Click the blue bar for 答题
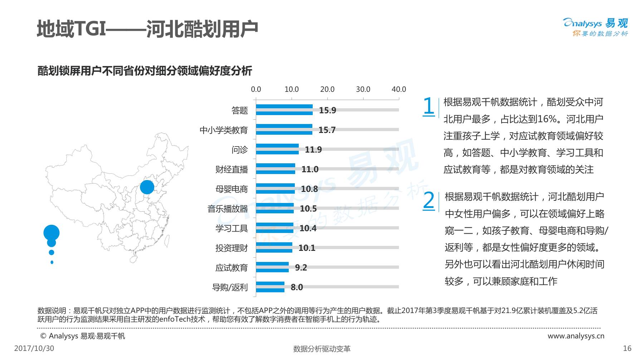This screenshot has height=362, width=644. pos(284,110)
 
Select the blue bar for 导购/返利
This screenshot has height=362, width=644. pos(270,287)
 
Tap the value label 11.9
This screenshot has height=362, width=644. pos(313,149)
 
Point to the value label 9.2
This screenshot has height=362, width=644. pos(301,267)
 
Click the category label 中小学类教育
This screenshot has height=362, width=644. pos(224,130)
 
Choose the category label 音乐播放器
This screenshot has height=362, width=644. pos(228,209)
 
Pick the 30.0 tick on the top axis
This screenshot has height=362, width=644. pos(363,89)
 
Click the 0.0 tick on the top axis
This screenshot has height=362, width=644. pos(256,89)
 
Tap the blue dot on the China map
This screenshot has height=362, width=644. pos(147,187)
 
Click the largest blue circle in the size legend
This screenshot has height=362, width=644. pos(52,233)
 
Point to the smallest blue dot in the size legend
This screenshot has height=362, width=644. pos(52,262)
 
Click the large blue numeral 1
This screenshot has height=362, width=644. pos(429,106)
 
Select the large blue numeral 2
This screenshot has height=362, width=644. pos(429,200)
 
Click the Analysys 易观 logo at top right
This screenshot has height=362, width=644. pos(596,27)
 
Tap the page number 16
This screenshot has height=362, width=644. pos(627,348)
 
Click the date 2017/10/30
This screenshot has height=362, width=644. pos(34,348)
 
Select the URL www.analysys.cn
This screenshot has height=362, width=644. pos(576,336)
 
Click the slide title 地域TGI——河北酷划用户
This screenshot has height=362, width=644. pos(147,29)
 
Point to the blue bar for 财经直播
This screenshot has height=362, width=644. pos(275,169)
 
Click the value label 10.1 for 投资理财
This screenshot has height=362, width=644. pos(307,248)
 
